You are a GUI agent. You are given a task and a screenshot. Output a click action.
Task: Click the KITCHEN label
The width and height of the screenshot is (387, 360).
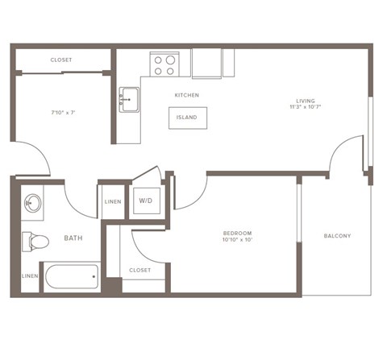186,95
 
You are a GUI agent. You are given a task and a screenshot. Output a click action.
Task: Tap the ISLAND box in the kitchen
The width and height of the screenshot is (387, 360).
187,117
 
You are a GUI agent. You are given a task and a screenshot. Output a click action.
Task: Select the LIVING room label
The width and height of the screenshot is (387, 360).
303,101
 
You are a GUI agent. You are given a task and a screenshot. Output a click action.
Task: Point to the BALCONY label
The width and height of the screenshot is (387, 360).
337,236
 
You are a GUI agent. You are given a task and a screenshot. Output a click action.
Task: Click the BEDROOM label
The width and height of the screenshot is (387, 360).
238,233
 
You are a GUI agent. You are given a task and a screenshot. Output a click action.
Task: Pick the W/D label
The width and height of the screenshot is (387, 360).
146,200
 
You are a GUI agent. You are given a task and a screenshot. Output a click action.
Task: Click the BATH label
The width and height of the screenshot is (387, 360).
73,238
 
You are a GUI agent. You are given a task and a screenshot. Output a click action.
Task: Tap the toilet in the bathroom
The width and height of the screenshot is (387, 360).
34,240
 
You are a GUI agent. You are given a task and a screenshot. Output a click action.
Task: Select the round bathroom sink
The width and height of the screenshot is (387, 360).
33,203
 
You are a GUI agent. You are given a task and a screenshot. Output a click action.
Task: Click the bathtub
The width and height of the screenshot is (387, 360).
72,278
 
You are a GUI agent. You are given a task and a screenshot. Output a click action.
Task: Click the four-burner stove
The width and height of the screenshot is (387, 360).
164,64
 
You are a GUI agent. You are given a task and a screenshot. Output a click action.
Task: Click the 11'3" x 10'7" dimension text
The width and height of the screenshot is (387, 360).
303,109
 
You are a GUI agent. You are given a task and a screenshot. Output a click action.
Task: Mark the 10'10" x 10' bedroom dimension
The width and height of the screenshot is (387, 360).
238,240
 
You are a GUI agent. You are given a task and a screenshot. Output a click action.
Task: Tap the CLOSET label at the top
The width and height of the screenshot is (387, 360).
61,60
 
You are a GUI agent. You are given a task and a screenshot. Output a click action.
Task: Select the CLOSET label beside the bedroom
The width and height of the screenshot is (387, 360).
140,271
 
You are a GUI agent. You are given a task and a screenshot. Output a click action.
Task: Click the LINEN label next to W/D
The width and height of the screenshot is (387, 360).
113,201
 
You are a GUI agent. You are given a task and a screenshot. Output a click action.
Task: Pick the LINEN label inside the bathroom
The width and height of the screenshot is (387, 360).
30,275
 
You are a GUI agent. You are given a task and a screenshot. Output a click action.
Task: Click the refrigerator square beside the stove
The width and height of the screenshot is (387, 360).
206,63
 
